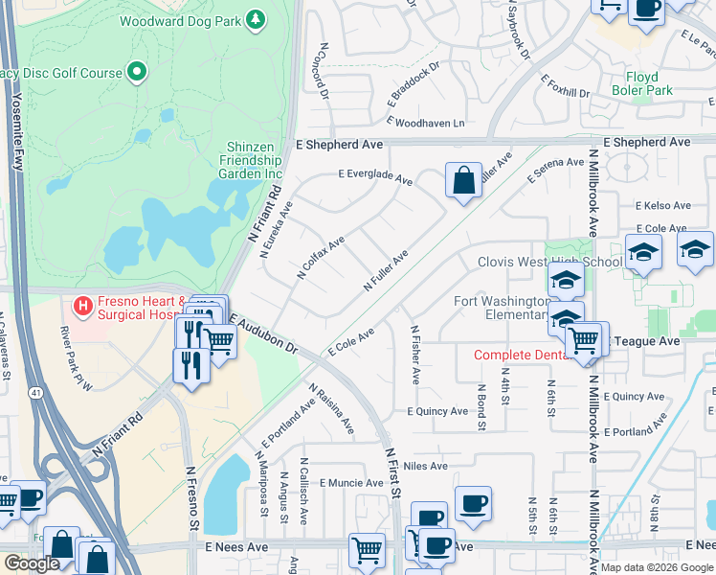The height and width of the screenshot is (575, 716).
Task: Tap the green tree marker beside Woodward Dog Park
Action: click(x=255, y=19)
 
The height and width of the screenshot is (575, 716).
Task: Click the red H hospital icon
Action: click(x=82, y=306)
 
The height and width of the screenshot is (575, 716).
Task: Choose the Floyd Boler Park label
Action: click(x=649, y=83)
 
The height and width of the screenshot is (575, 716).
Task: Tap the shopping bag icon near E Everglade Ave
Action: click(x=463, y=180)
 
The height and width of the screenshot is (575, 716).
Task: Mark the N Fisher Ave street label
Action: click(x=414, y=355)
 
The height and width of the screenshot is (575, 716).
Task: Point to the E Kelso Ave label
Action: click(x=662, y=206)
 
